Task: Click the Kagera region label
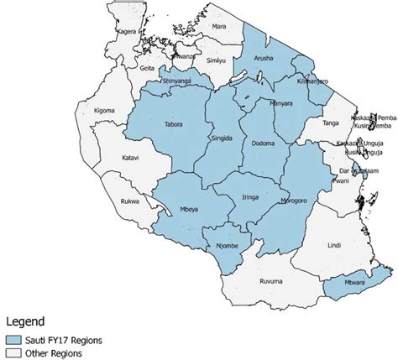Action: click(127, 30)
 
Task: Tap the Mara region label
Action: click(219, 28)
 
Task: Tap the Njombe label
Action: click(227, 246)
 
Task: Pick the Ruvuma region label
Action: click(270, 282)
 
